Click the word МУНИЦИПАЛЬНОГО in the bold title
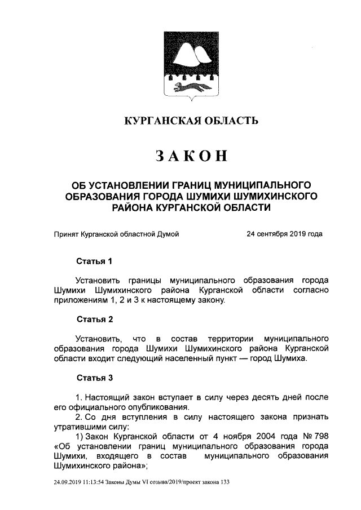[x=265, y=185]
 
